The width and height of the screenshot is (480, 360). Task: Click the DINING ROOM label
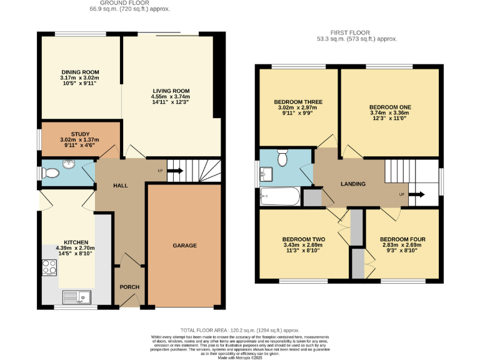[79, 72]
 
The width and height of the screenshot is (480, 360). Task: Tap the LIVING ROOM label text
[170, 91]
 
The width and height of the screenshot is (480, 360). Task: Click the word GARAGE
[184, 246]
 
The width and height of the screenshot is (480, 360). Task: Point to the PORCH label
[129, 287]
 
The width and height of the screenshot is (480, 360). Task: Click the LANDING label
[352, 184]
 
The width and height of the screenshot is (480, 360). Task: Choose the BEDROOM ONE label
[390, 107]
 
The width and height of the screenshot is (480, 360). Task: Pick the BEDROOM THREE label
[297, 102]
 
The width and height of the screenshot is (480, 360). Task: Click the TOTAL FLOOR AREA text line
[240, 329]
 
